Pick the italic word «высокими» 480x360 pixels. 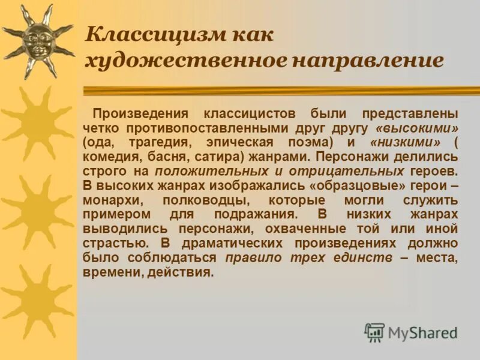pos(416,128)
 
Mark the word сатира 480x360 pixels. pos(205,157)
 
